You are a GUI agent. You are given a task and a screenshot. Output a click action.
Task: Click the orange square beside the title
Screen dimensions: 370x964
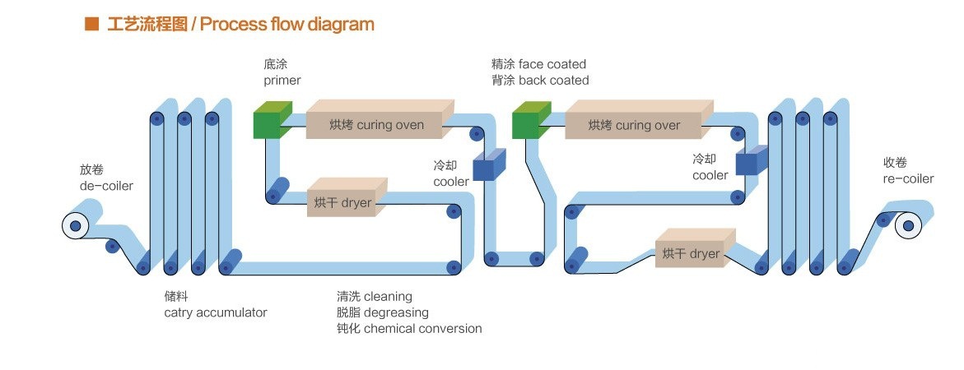click(91, 24)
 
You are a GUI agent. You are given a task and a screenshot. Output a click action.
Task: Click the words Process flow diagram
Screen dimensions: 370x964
click(287, 24)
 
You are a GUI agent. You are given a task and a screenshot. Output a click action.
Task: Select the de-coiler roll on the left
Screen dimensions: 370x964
click(75, 225)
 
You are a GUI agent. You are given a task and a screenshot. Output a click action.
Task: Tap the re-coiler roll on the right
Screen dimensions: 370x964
click(907, 224)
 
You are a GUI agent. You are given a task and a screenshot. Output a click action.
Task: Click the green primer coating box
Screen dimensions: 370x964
click(268, 123)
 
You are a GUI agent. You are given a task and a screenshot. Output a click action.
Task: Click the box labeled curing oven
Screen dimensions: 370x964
click(377, 123)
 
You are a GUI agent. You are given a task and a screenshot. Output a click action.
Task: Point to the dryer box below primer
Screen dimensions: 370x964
click(344, 201)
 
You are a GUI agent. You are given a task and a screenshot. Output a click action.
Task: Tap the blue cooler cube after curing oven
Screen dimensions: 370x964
click(484, 165)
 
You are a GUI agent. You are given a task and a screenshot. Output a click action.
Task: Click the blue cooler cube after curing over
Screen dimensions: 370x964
click(748, 161)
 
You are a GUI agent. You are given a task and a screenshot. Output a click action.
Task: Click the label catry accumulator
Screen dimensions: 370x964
click(216, 312)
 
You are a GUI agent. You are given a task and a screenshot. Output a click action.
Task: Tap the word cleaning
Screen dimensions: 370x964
click(388, 296)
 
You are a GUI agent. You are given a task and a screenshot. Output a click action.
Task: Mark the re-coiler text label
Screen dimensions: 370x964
click(909, 178)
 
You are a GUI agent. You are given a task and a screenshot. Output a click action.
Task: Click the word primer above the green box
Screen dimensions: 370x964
click(282, 81)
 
